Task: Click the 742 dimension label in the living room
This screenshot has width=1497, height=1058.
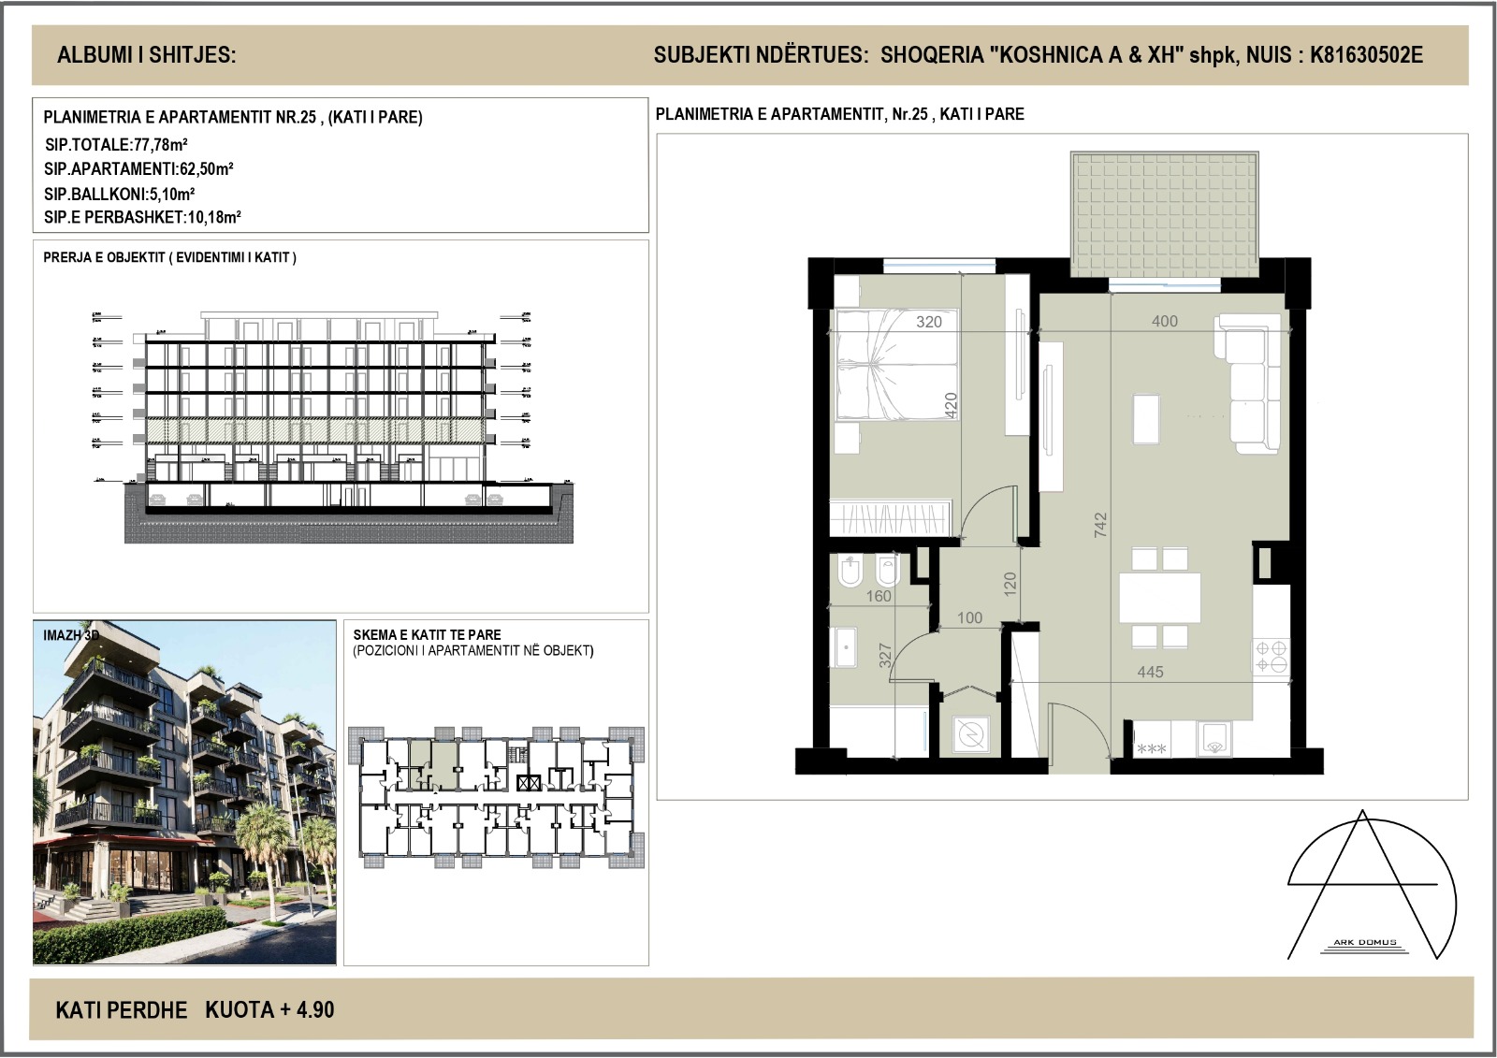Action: [1100, 525]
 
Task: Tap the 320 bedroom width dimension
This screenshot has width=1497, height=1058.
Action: [929, 322]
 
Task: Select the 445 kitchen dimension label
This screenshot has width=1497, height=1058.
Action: [1150, 672]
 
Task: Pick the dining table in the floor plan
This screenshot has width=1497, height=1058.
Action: [1160, 597]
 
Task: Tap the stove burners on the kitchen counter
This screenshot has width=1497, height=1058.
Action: [1271, 655]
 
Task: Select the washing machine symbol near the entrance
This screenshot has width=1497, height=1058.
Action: [972, 732]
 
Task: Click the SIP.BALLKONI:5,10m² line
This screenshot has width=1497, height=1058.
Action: [119, 195]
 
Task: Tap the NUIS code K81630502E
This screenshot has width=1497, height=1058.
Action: [1366, 55]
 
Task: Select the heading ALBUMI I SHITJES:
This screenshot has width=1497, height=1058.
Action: [147, 55]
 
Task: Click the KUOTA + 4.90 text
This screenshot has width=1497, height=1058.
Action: [269, 1010]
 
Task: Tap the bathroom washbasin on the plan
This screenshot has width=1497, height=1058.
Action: [845, 645]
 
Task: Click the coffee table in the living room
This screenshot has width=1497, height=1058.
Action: [1146, 418]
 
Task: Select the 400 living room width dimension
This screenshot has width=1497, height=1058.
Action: [1165, 321]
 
